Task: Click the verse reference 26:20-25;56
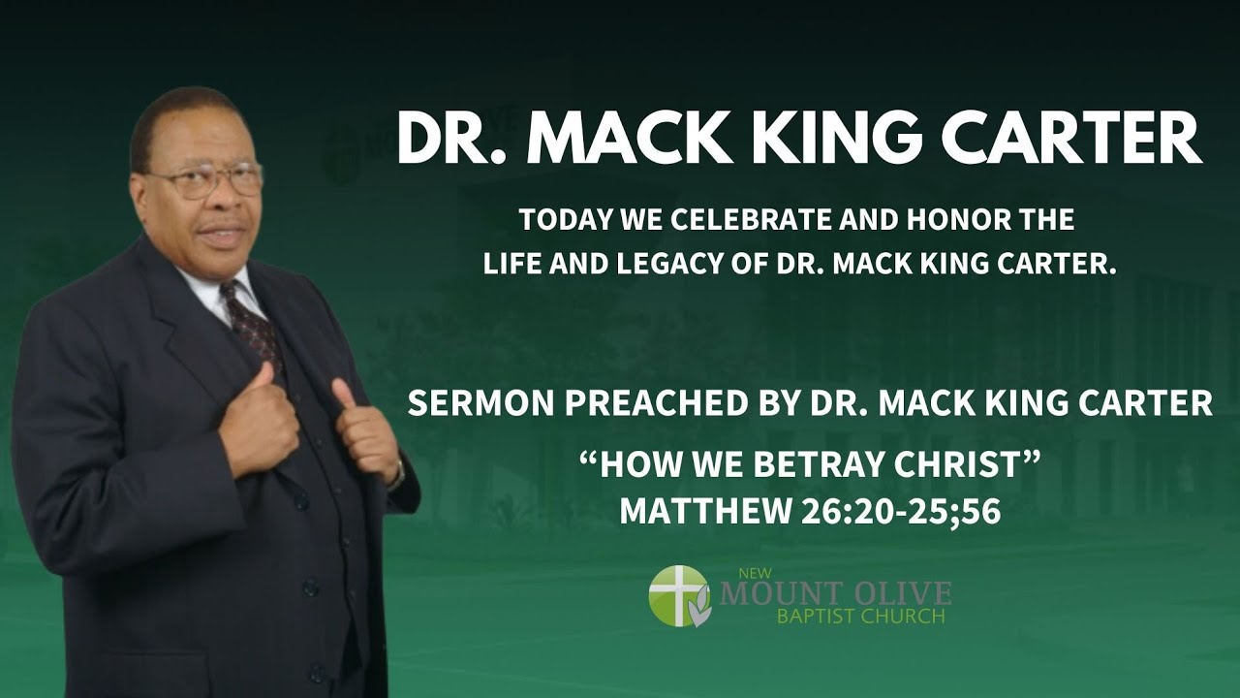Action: pos(901,512)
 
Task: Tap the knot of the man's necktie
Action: pos(234,295)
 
